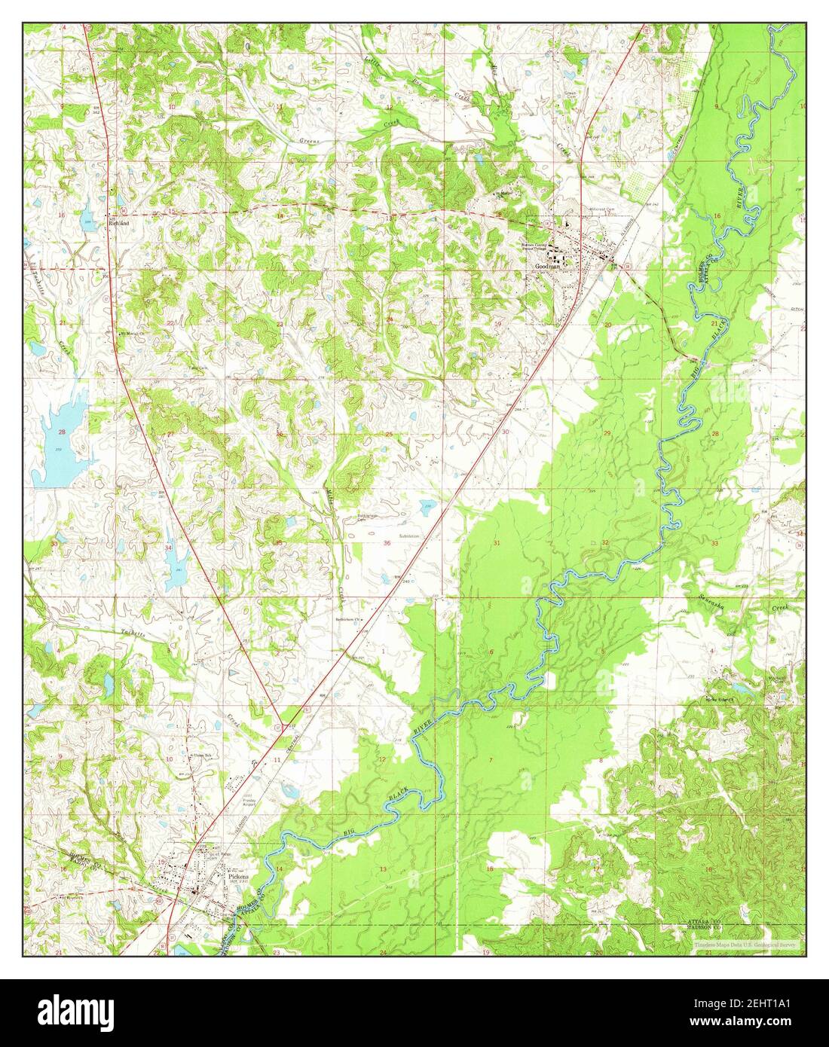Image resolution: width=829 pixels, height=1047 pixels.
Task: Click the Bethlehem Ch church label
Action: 348,619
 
